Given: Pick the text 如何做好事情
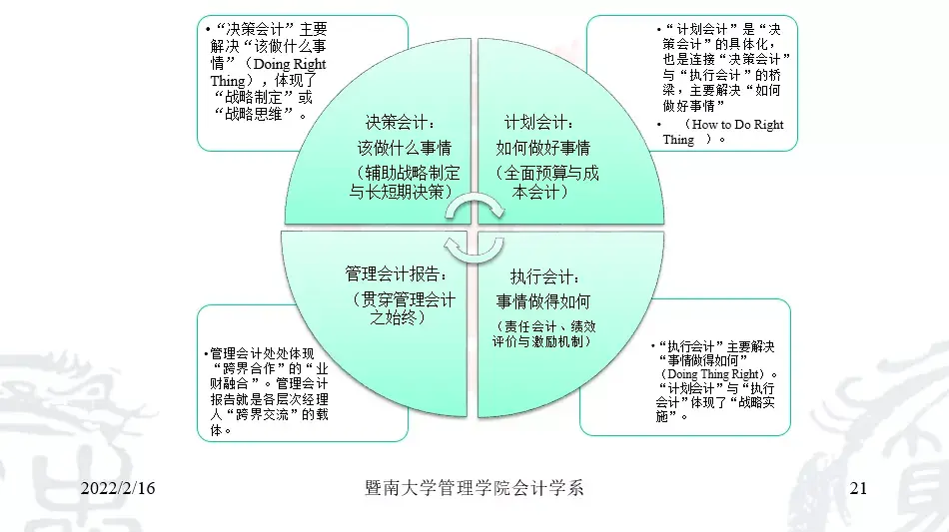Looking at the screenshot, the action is coord(543,149).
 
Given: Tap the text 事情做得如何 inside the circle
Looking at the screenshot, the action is coord(543,300).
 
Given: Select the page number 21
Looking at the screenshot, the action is coord(856,488).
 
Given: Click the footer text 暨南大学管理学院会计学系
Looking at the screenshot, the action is coord(474,488).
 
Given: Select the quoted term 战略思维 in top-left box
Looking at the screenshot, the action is coord(256,113).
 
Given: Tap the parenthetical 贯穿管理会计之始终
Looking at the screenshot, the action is coord(399,308).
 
